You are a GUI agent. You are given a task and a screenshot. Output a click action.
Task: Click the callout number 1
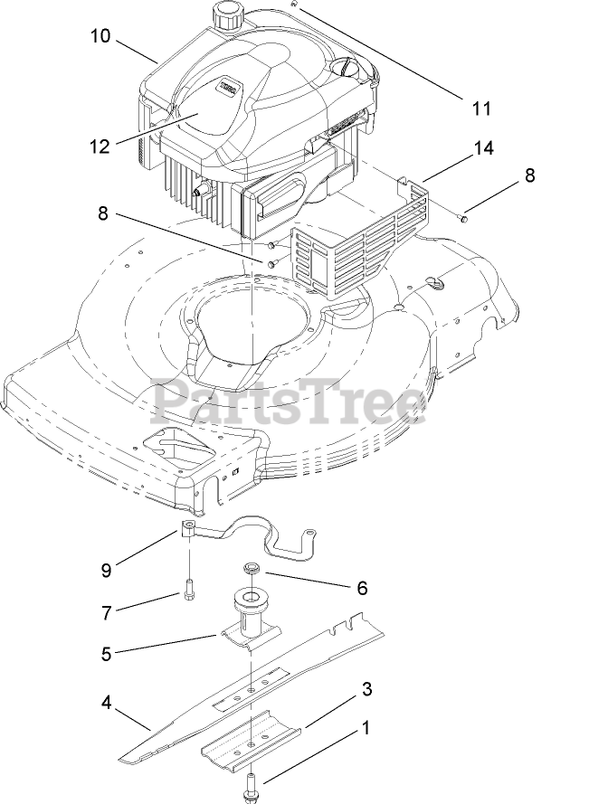(367, 726)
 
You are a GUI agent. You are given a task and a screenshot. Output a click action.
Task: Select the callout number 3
(366, 689)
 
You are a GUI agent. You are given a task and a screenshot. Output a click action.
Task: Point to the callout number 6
(362, 587)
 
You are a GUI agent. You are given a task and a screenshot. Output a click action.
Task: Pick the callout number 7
(107, 612)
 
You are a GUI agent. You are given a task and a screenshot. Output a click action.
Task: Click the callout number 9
(107, 570)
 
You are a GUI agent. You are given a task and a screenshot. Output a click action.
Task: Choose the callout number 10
(100, 36)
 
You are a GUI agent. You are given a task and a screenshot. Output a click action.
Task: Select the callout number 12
(100, 145)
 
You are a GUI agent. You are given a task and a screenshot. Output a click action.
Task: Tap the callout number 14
(484, 147)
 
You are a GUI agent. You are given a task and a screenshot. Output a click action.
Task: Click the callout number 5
(107, 653)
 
